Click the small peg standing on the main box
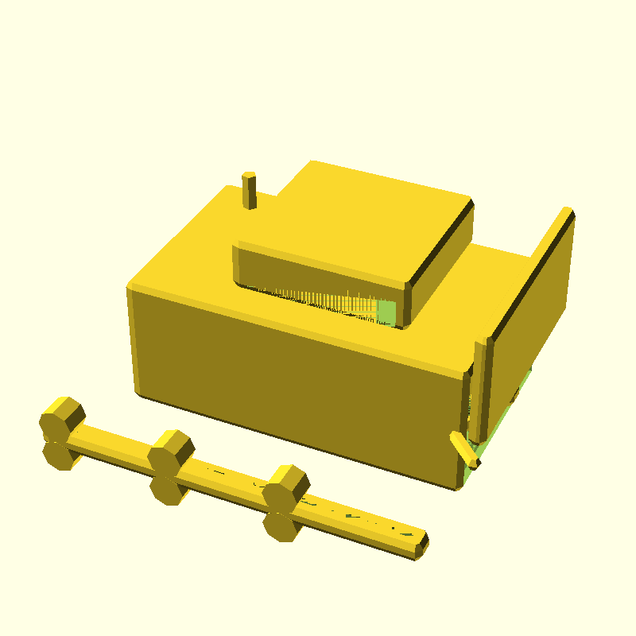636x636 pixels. coord(250,191)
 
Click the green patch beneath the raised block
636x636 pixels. coord(386,312)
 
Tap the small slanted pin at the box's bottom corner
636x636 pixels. coord(464,448)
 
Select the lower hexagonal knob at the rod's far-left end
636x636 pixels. coord(59,456)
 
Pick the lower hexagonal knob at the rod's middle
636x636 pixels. coord(168,490)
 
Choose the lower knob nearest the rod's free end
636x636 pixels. coord(281,526)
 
